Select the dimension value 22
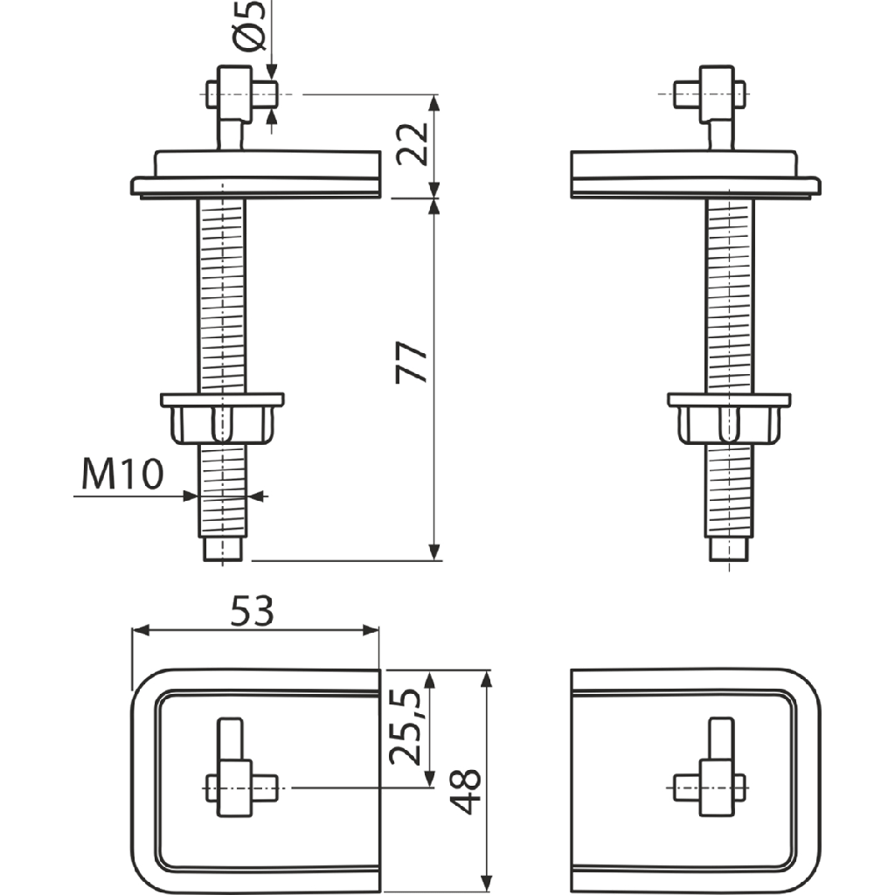(413, 144)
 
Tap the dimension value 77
(413, 363)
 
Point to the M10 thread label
(122, 476)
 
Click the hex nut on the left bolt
(222, 420)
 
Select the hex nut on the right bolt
(729, 420)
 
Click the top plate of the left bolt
(258, 175)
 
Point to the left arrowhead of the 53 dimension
(138, 631)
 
